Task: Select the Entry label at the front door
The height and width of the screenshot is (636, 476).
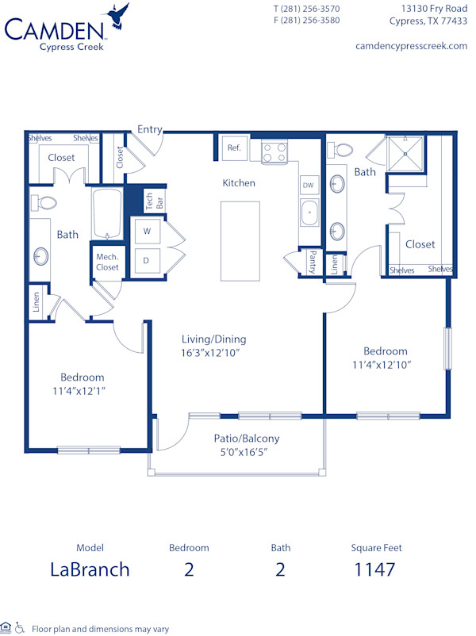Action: point(150,129)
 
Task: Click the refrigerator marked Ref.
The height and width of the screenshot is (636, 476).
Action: point(234,148)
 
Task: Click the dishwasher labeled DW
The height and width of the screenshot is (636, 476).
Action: point(309,186)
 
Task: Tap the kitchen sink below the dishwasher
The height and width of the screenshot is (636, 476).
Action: point(309,213)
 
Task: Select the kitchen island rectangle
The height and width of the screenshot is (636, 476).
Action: point(240,241)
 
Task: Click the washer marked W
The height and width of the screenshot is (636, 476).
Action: point(147,232)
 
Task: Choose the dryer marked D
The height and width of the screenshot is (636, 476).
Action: point(147,259)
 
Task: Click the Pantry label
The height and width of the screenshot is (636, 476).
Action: point(313,262)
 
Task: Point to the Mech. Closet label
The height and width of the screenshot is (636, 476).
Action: point(107,262)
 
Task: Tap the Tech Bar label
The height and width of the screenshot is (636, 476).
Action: point(154,201)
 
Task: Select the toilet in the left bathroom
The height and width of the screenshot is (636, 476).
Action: point(46,202)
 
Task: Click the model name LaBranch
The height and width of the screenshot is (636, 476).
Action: point(90,569)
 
